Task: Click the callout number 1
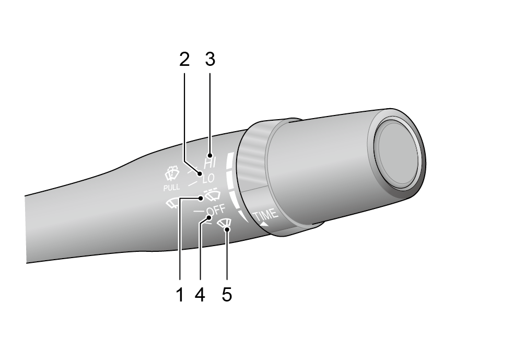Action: click(x=180, y=294)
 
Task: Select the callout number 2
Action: click(x=184, y=60)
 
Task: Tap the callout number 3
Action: click(x=210, y=60)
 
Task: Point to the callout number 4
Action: click(x=200, y=294)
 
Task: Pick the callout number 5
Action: click(x=227, y=294)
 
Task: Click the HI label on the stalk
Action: click(x=210, y=162)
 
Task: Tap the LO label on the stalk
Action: click(x=208, y=179)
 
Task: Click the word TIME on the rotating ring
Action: click(x=266, y=215)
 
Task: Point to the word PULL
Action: click(x=171, y=188)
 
